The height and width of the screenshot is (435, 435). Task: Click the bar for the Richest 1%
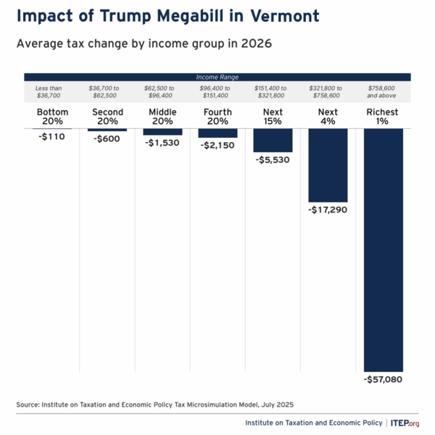pyautogui.click(x=383, y=250)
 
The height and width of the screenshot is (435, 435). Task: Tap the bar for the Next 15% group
pyautogui.click(x=273, y=140)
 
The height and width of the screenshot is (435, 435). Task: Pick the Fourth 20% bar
pyautogui.click(x=217, y=133)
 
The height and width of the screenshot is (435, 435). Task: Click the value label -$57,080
pyautogui.click(x=383, y=379)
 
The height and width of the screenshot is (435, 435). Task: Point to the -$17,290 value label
pyautogui.click(x=328, y=210)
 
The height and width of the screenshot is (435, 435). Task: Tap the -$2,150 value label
pyautogui.click(x=217, y=145)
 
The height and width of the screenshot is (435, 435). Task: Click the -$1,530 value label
pyautogui.click(x=162, y=143)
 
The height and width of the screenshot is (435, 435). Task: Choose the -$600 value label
pyautogui.click(x=107, y=138)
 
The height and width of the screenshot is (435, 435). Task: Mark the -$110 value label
pyautogui.click(x=52, y=136)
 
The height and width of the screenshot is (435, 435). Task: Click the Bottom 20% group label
pyautogui.click(x=52, y=117)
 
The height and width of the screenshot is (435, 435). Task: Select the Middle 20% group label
pyautogui.click(x=162, y=117)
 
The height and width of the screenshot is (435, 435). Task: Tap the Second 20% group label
pyautogui.click(x=107, y=117)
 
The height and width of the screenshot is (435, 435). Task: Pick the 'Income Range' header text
pyautogui.click(x=217, y=76)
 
